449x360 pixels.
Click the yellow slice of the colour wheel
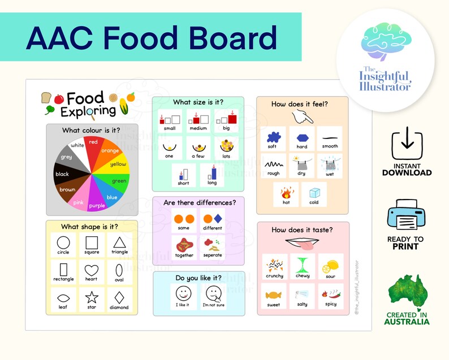(117, 164)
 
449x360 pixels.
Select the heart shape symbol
(91, 270)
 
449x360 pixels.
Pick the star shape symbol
(91, 297)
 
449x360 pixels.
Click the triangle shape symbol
(119, 242)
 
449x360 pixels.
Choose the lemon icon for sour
(330, 265)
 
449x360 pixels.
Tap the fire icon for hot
(286, 192)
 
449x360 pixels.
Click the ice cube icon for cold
(314, 192)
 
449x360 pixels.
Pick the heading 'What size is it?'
(198, 102)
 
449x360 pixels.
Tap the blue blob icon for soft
(273, 136)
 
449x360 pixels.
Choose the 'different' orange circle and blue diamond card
(212, 220)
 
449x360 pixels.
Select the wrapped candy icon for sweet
(274, 294)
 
